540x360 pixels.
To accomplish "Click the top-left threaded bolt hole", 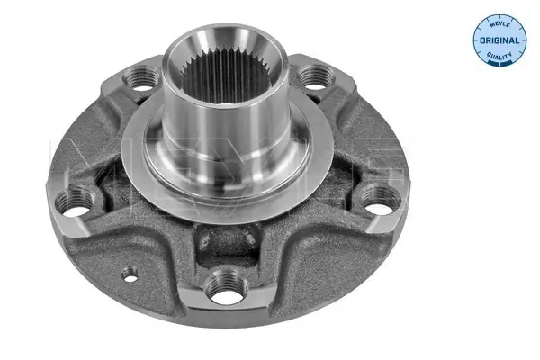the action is coord(141,78).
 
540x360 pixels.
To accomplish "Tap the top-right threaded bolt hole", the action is coord(316,78).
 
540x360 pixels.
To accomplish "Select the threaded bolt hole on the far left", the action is coord(76,202).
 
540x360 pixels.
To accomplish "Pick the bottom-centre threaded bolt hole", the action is coord(226,288).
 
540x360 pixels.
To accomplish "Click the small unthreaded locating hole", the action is coord(130,274).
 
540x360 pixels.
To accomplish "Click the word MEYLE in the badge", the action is coord(499,24).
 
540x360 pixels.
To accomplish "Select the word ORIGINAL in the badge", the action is coord(499,40).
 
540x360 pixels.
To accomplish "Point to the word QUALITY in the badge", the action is coord(499,56).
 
